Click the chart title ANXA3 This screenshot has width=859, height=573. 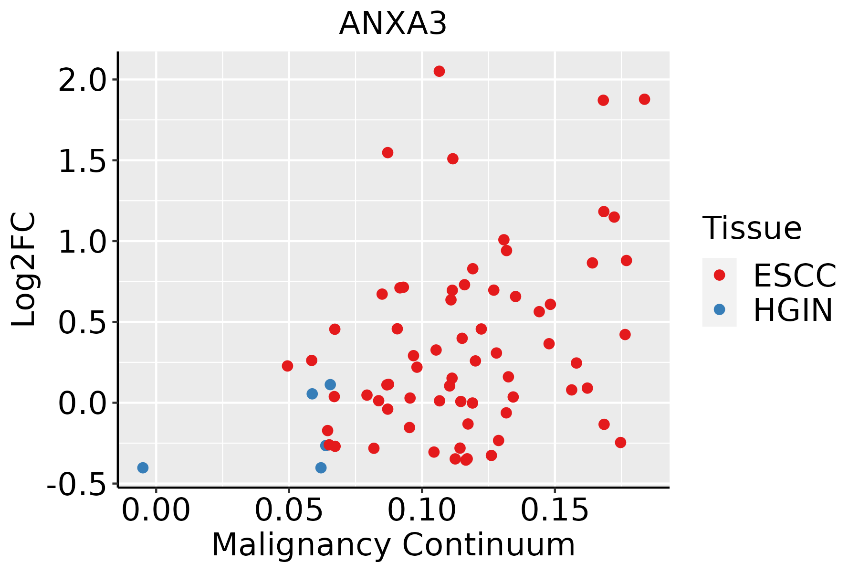click(x=393, y=23)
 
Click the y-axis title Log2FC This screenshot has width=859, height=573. click(x=24, y=270)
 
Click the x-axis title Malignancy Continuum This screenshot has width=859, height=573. click(x=393, y=544)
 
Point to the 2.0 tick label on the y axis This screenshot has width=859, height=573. click(x=81, y=80)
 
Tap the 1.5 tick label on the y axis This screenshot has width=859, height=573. click(x=81, y=161)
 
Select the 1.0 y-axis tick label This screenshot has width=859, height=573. click(x=81, y=242)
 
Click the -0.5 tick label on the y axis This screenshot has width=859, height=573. click(x=76, y=484)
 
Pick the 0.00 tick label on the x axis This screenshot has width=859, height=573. click(x=156, y=510)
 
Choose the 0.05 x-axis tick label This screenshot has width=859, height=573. click(x=289, y=510)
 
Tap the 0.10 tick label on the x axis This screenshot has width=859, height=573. click(x=422, y=510)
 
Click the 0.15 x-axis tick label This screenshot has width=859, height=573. click(x=555, y=510)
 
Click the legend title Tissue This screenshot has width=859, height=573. click(x=752, y=228)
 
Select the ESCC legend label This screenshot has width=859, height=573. click(x=795, y=275)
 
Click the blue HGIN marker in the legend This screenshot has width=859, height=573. click(x=719, y=309)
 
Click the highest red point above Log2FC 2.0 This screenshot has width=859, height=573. click(x=439, y=71)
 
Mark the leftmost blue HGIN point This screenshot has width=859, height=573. click(x=143, y=467)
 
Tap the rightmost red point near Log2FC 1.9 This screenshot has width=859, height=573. click(x=644, y=99)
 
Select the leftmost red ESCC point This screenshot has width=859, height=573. click(x=287, y=366)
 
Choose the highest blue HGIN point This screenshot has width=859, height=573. click(x=330, y=384)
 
